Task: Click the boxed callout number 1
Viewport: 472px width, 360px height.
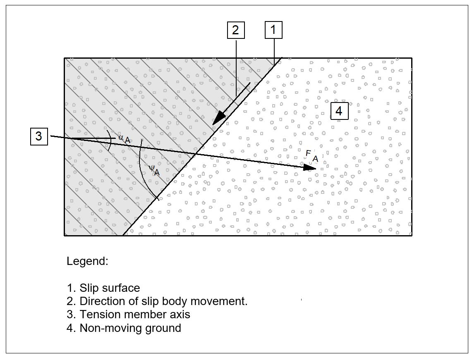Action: [x=273, y=30]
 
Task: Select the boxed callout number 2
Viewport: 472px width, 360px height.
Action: [x=236, y=30]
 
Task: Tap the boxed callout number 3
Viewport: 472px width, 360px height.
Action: [x=39, y=136]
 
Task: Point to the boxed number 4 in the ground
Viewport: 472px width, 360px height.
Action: [x=339, y=111]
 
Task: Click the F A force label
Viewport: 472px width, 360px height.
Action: [x=311, y=156]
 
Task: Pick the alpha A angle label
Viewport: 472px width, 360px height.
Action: [x=125, y=139]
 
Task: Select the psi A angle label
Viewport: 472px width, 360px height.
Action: [x=154, y=170]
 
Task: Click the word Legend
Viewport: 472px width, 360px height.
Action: [x=87, y=261]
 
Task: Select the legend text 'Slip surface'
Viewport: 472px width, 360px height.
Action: [x=110, y=288]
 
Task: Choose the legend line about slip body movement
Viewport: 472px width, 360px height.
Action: [x=163, y=301]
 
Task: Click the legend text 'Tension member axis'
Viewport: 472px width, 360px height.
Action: [x=135, y=315]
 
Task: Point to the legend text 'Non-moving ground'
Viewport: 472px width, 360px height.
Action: [x=130, y=328]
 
